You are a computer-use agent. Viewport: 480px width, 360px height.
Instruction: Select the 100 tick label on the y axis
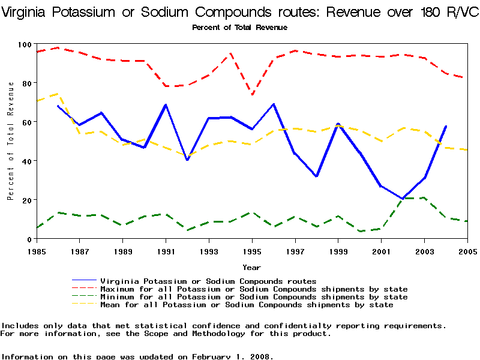[25, 44]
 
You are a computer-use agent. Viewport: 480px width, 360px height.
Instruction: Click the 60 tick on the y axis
[27, 122]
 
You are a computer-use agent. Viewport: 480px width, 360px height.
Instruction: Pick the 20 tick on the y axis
[27, 200]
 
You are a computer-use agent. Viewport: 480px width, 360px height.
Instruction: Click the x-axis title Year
[251, 267]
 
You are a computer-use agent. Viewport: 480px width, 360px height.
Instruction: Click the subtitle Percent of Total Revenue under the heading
[239, 27]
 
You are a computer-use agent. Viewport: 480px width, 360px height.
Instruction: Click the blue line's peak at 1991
[166, 105]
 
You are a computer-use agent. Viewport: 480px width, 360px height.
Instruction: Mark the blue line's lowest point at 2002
[403, 199]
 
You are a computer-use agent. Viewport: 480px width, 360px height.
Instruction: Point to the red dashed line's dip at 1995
[252, 94]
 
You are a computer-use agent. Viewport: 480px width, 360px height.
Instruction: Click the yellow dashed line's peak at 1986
[58, 94]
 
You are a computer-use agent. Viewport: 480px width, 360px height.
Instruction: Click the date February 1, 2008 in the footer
[231, 356]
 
